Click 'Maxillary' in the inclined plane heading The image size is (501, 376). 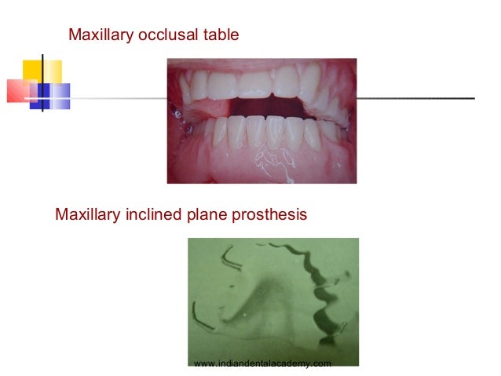click(86, 214)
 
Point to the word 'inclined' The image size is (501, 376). click(148, 214)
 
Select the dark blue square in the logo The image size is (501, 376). click(39, 97)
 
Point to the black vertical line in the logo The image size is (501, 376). click(42, 82)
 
